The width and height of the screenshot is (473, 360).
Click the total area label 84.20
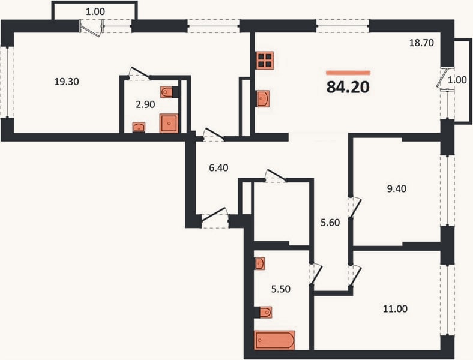click(348, 87)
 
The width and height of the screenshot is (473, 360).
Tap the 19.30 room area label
click(67, 82)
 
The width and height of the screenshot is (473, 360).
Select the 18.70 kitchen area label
click(421, 43)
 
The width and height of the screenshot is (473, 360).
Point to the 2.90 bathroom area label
click(145, 104)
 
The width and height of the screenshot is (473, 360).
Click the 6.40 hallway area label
click(218, 167)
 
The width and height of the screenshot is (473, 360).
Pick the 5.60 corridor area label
click(330, 223)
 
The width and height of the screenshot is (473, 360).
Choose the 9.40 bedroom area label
click(396, 189)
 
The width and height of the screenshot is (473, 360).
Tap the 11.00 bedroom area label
click(395, 309)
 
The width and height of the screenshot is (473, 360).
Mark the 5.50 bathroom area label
click(281, 289)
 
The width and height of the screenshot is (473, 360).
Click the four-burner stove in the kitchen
click(265, 61)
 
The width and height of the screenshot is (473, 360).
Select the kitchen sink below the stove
click(263, 98)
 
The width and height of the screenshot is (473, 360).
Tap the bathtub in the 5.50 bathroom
click(274, 340)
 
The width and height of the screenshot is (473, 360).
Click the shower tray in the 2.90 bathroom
click(169, 123)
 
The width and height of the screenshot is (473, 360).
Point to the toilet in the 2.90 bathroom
click(169, 92)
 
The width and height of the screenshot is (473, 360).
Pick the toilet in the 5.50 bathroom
click(263, 313)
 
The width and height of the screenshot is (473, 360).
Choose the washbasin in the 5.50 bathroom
click(260, 263)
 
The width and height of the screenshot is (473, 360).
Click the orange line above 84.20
click(348, 73)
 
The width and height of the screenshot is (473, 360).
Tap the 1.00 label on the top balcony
click(95, 12)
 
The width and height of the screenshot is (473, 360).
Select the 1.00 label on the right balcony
click(457, 80)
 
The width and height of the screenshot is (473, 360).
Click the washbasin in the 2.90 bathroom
click(139, 127)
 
